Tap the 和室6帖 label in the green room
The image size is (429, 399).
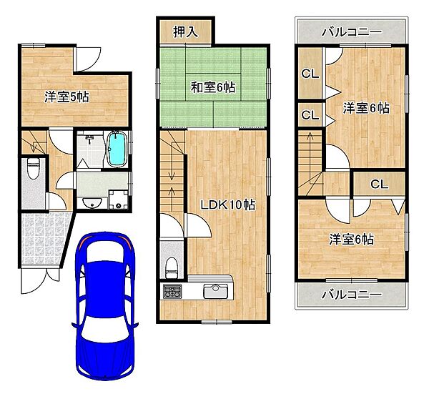pyautogui.click(x=212, y=87)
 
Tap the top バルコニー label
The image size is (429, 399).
pyautogui.click(x=350, y=32)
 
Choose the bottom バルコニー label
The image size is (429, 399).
pyautogui.click(x=350, y=294)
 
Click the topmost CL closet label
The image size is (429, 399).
pyautogui.click(x=310, y=72)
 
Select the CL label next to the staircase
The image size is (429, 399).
pyautogui.click(x=310, y=114)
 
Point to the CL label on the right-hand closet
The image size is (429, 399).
pyautogui.click(x=379, y=184)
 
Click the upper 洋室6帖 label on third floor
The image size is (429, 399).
pyautogui.click(x=365, y=108)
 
